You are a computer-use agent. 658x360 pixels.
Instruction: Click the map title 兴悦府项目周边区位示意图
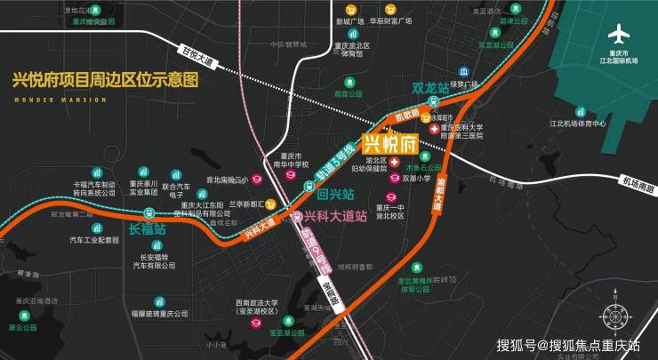[x=105, y=80]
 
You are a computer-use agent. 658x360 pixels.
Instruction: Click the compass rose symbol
[x=614, y=316]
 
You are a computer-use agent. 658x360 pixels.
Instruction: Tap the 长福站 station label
[x=148, y=229]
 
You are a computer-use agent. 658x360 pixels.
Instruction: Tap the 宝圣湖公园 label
[x=286, y=333]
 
